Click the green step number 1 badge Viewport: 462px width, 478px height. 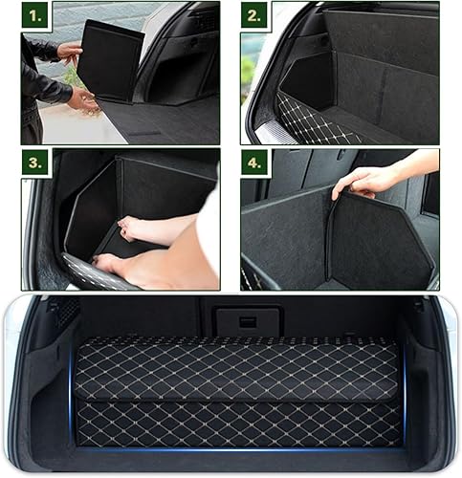36,17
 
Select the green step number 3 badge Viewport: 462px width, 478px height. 36,163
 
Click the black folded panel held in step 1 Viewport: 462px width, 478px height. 109,60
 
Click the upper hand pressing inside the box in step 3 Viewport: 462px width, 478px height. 143,229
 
